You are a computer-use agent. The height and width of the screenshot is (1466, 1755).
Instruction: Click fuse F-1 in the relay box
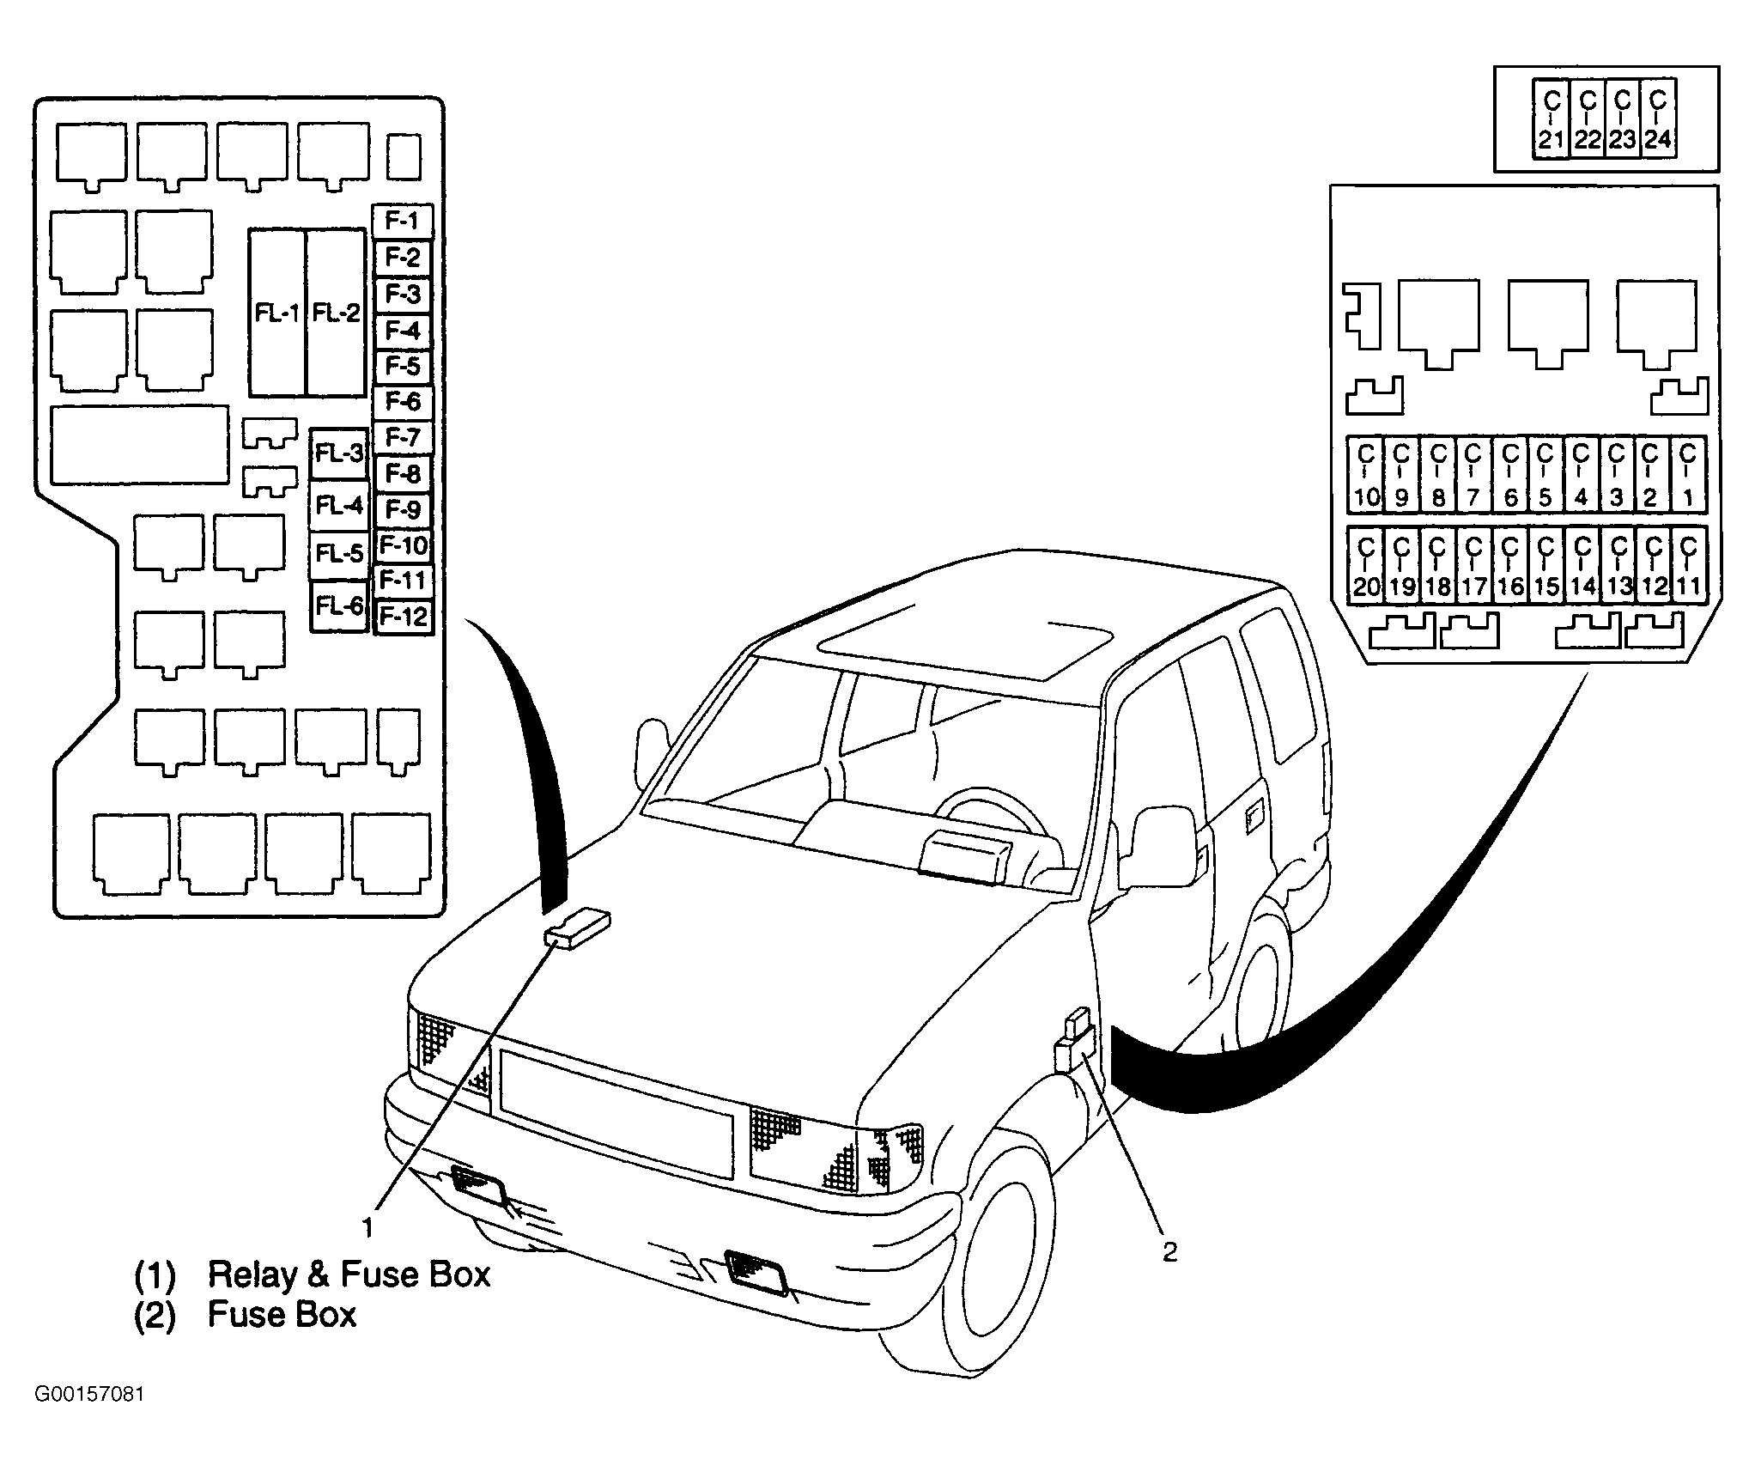pyautogui.click(x=402, y=222)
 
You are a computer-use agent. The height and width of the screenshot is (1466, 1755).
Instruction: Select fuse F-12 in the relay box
pyautogui.click(x=404, y=617)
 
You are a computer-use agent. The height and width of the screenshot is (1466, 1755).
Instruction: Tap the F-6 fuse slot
pyautogui.click(x=402, y=402)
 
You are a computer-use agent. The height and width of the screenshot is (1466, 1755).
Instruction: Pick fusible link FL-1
pyautogui.click(x=277, y=313)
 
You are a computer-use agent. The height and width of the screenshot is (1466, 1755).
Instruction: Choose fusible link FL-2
pyautogui.click(x=336, y=313)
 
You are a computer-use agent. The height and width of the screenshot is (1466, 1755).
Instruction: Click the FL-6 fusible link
pyautogui.click(x=339, y=606)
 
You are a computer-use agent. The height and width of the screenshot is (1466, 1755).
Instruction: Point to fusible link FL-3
pyautogui.click(x=339, y=454)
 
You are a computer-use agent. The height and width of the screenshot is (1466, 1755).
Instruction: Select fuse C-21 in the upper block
pyautogui.click(x=1551, y=119)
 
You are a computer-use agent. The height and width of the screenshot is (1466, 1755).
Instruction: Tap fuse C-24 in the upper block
pyautogui.click(x=1658, y=119)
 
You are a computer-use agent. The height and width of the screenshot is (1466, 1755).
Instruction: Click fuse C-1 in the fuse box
pyautogui.click(x=1688, y=475)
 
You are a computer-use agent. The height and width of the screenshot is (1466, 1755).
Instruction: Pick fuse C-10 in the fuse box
pyautogui.click(x=1365, y=475)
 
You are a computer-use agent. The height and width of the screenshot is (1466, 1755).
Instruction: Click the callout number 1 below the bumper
pyautogui.click(x=367, y=1227)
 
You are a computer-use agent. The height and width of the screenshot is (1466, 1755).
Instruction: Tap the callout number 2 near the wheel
pyautogui.click(x=1169, y=1252)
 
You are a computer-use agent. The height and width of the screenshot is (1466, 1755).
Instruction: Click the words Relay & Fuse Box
pyautogui.click(x=349, y=1274)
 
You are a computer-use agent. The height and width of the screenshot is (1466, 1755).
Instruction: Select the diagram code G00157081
pyautogui.click(x=89, y=1417)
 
